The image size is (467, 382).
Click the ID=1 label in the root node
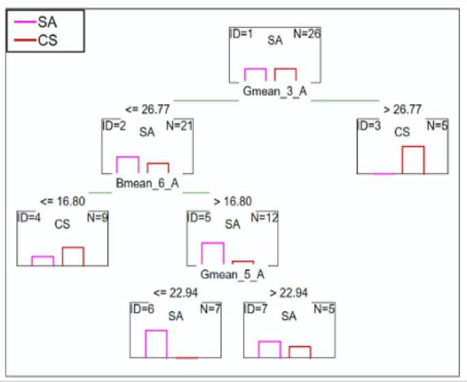pyautogui.click(x=241, y=33)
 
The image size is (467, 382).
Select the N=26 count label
pyautogui.click(x=307, y=33)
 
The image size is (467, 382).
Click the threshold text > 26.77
pyautogui.click(x=402, y=108)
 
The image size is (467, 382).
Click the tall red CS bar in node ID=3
pyautogui.click(x=413, y=160)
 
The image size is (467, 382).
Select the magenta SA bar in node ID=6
pyautogui.click(x=156, y=344)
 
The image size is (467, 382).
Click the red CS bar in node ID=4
pyautogui.click(x=73, y=256)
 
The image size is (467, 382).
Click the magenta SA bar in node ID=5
pyautogui.click(x=213, y=253)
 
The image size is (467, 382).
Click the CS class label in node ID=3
pyautogui.click(x=402, y=132)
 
